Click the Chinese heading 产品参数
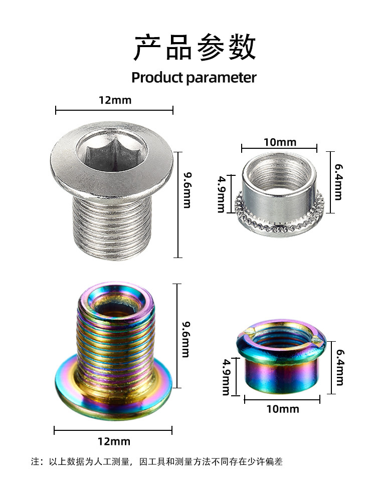[x=195, y=48]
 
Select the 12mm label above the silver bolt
[x=115, y=100]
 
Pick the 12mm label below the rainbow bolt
[x=114, y=441]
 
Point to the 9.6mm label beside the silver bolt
[x=187, y=190]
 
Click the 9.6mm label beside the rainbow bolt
[x=185, y=339]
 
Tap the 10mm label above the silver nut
[x=280, y=142]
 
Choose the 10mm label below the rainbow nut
[x=282, y=409]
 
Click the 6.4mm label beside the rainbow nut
[x=340, y=367]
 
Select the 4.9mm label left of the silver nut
[x=221, y=194]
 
